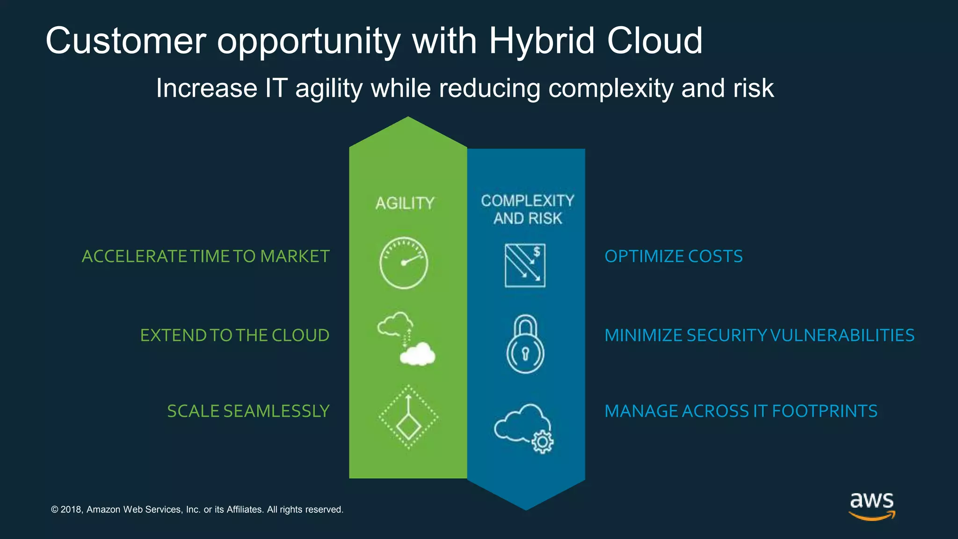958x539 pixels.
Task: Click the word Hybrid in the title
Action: coord(542,41)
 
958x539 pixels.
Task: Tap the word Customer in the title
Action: coord(125,41)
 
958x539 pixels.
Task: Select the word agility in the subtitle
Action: coord(329,88)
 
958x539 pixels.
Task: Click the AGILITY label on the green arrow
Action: coord(405,203)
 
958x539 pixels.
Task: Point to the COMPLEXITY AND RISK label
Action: coord(527,209)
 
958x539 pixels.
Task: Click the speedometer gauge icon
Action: coord(403,263)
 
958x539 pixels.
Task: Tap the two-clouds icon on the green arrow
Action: coord(406,338)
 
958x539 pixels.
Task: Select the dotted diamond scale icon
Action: coord(408,417)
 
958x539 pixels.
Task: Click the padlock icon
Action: coord(525,344)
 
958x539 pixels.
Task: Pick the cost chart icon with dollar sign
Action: coord(525,265)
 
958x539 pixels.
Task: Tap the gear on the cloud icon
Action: coord(543,441)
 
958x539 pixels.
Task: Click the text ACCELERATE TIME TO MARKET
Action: coord(206,256)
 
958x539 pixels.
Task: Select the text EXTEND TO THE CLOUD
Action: coord(235,335)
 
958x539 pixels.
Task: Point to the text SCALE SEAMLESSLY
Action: coord(248,411)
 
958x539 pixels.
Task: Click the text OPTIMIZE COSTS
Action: coord(673,256)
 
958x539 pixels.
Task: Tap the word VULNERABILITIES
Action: coord(842,335)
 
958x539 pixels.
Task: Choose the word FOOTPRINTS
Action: coord(824,411)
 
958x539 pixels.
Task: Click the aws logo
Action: coord(871,505)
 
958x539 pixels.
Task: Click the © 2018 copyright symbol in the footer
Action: coord(54,510)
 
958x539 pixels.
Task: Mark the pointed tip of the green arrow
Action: coord(408,118)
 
